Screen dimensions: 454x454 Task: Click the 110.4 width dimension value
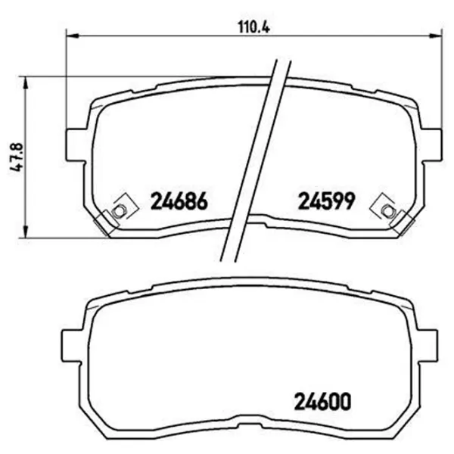pos(254,27)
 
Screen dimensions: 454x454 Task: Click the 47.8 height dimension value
pos(16,157)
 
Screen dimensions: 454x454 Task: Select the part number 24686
pos(179,201)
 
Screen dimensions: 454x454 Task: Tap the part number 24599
pos(326,201)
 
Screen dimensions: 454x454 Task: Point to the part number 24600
pos(322,402)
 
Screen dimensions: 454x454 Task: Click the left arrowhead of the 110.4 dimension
pos(73,36)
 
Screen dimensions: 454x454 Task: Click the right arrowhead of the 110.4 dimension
pos(436,36)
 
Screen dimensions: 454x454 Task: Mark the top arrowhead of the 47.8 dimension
pos(26,83)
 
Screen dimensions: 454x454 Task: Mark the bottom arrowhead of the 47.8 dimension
pos(26,232)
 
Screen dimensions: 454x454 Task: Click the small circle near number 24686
pos(118,210)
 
